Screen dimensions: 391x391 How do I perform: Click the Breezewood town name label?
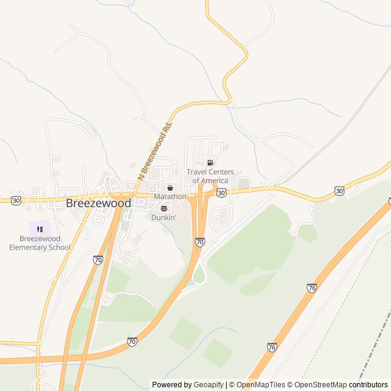[x=98, y=202]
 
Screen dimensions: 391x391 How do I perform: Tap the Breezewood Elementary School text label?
[x=40, y=243]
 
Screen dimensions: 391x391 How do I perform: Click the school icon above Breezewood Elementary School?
[x=40, y=229]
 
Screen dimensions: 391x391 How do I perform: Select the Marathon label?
[x=170, y=197]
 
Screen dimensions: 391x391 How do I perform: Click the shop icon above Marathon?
[x=170, y=188]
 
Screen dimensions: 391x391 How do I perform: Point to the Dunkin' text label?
[x=164, y=217]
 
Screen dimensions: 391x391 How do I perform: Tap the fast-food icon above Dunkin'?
[x=164, y=208]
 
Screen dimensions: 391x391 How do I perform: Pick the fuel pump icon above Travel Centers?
[x=210, y=163]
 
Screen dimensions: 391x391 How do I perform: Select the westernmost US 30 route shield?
[x=16, y=200]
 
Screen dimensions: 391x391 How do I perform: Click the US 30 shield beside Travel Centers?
[x=221, y=192]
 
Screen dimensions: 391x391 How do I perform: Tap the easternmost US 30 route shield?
[x=339, y=191]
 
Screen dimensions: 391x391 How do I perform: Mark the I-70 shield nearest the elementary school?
[x=98, y=260]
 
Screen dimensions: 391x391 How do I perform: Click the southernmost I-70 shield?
[x=132, y=342]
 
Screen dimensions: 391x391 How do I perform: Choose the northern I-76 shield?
[x=312, y=287]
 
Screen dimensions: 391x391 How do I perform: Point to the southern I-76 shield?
[x=272, y=346]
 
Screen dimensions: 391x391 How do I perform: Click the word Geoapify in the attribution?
[x=209, y=385]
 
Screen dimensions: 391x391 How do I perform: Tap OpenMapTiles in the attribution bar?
[x=261, y=385]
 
